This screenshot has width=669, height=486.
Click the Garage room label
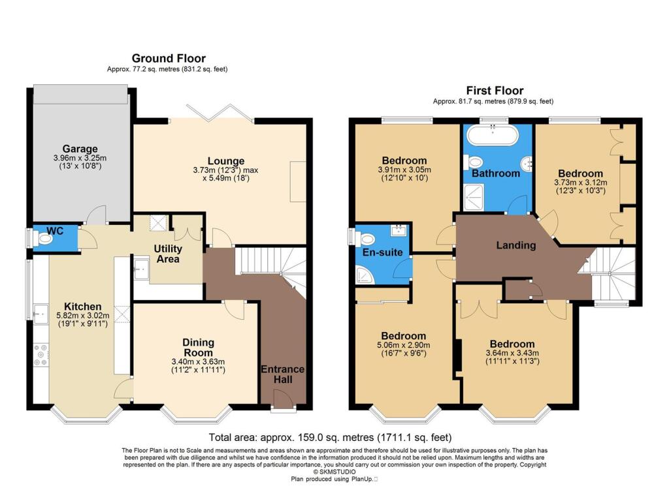(x=80, y=149)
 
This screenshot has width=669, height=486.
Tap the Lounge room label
(x=226, y=161)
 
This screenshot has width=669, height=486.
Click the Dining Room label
(x=198, y=348)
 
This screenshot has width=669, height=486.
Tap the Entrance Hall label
(x=282, y=374)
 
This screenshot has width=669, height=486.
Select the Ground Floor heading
(x=169, y=59)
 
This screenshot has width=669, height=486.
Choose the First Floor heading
(x=494, y=91)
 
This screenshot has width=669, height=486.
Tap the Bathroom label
(x=496, y=174)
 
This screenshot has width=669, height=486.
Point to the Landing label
(x=516, y=246)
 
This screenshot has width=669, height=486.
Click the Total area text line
(x=329, y=437)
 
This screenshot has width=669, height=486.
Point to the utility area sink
(x=141, y=267)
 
